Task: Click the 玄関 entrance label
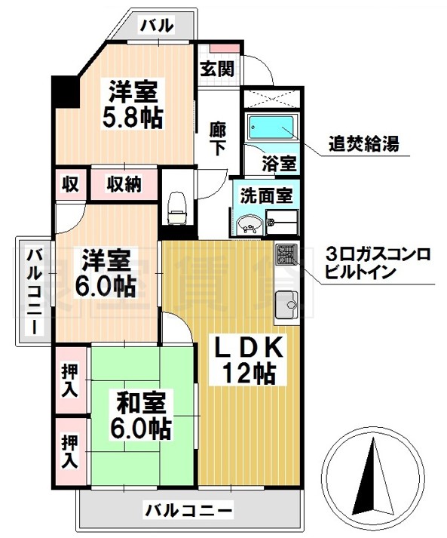click(216, 67)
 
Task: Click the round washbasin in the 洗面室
click(250, 223)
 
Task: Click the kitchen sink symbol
click(287, 303)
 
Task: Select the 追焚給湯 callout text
click(363, 143)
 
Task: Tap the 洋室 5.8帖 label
click(133, 105)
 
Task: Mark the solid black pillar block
click(65, 92)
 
